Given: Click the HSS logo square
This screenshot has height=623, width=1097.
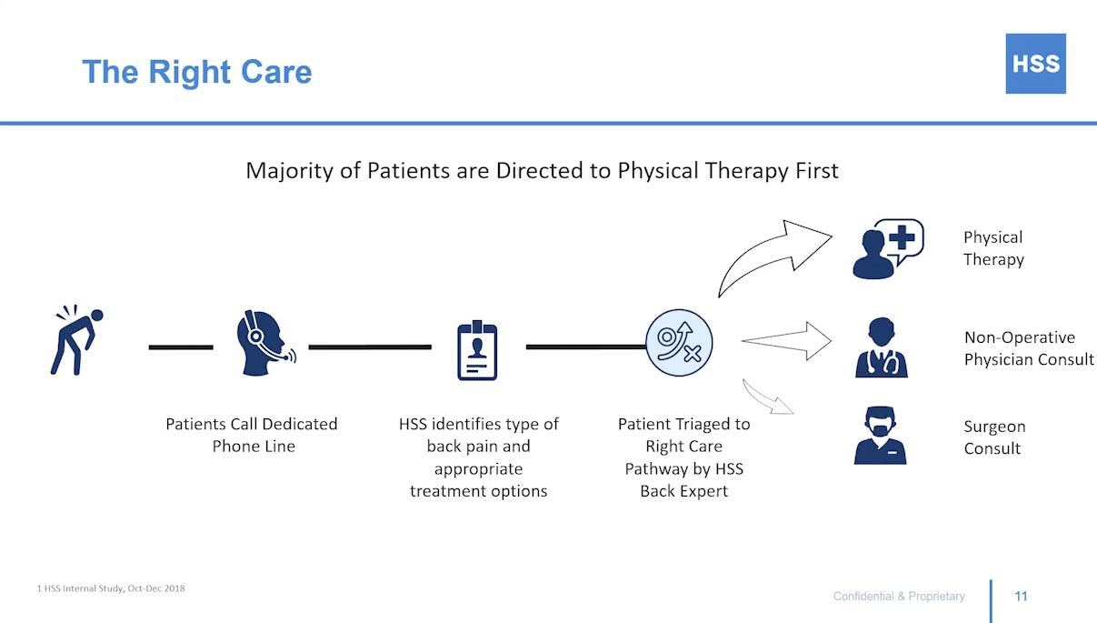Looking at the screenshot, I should pyautogui.click(x=1035, y=64).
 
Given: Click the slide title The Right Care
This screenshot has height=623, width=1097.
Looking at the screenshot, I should pyautogui.click(x=196, y=72).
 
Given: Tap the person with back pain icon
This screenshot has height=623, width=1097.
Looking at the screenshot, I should pyautogui.click(x=76, y=340).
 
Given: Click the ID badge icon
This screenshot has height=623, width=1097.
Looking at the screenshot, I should pyautogui.click(x=477, y=350).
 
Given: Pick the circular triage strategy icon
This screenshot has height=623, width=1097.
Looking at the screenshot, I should pyautogui.click(x=679, y=343).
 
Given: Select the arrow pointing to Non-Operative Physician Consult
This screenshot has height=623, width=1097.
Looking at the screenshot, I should pyautogui.click(x=787, y=341).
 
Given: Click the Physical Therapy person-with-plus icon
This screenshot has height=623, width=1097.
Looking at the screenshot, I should pyautogui.click(x=886, y=247).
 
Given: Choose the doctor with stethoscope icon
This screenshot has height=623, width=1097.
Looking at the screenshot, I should pyautogui.click(x=881, y=347).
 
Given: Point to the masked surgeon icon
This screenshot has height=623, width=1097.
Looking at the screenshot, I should pyautogui.click(x=880, y=437).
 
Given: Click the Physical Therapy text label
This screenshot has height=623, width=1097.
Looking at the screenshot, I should pyautogui.click(x=993, y=248).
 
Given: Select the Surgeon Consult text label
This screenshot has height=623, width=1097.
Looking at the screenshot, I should pyautogui.click(x=994, y=437).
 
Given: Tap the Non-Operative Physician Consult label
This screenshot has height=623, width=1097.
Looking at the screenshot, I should pyautogui.click(x=1029, y=348).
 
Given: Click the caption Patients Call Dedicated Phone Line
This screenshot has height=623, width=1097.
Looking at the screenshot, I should pyautogui.click(x=252, y=435).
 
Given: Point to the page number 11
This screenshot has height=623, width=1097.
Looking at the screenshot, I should pyautogui.click(x=1021, y=597).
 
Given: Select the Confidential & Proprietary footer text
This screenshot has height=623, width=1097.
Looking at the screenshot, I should pyautogui.click(x=899, y=597).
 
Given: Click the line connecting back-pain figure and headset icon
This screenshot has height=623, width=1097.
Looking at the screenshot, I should pyautogui.click(x=181, y=347).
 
